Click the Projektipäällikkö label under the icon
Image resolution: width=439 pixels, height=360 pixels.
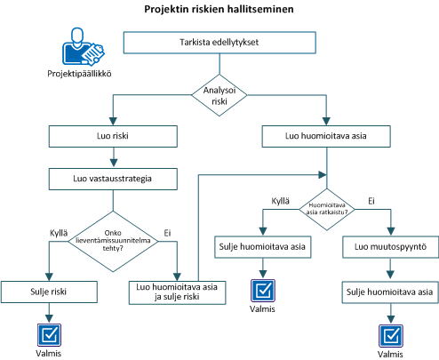point(79,74)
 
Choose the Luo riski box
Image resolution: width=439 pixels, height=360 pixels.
point(111,137)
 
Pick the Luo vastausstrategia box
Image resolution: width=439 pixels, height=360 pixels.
point(111,178)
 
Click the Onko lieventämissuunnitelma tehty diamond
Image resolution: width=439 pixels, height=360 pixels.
point(111,240)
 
